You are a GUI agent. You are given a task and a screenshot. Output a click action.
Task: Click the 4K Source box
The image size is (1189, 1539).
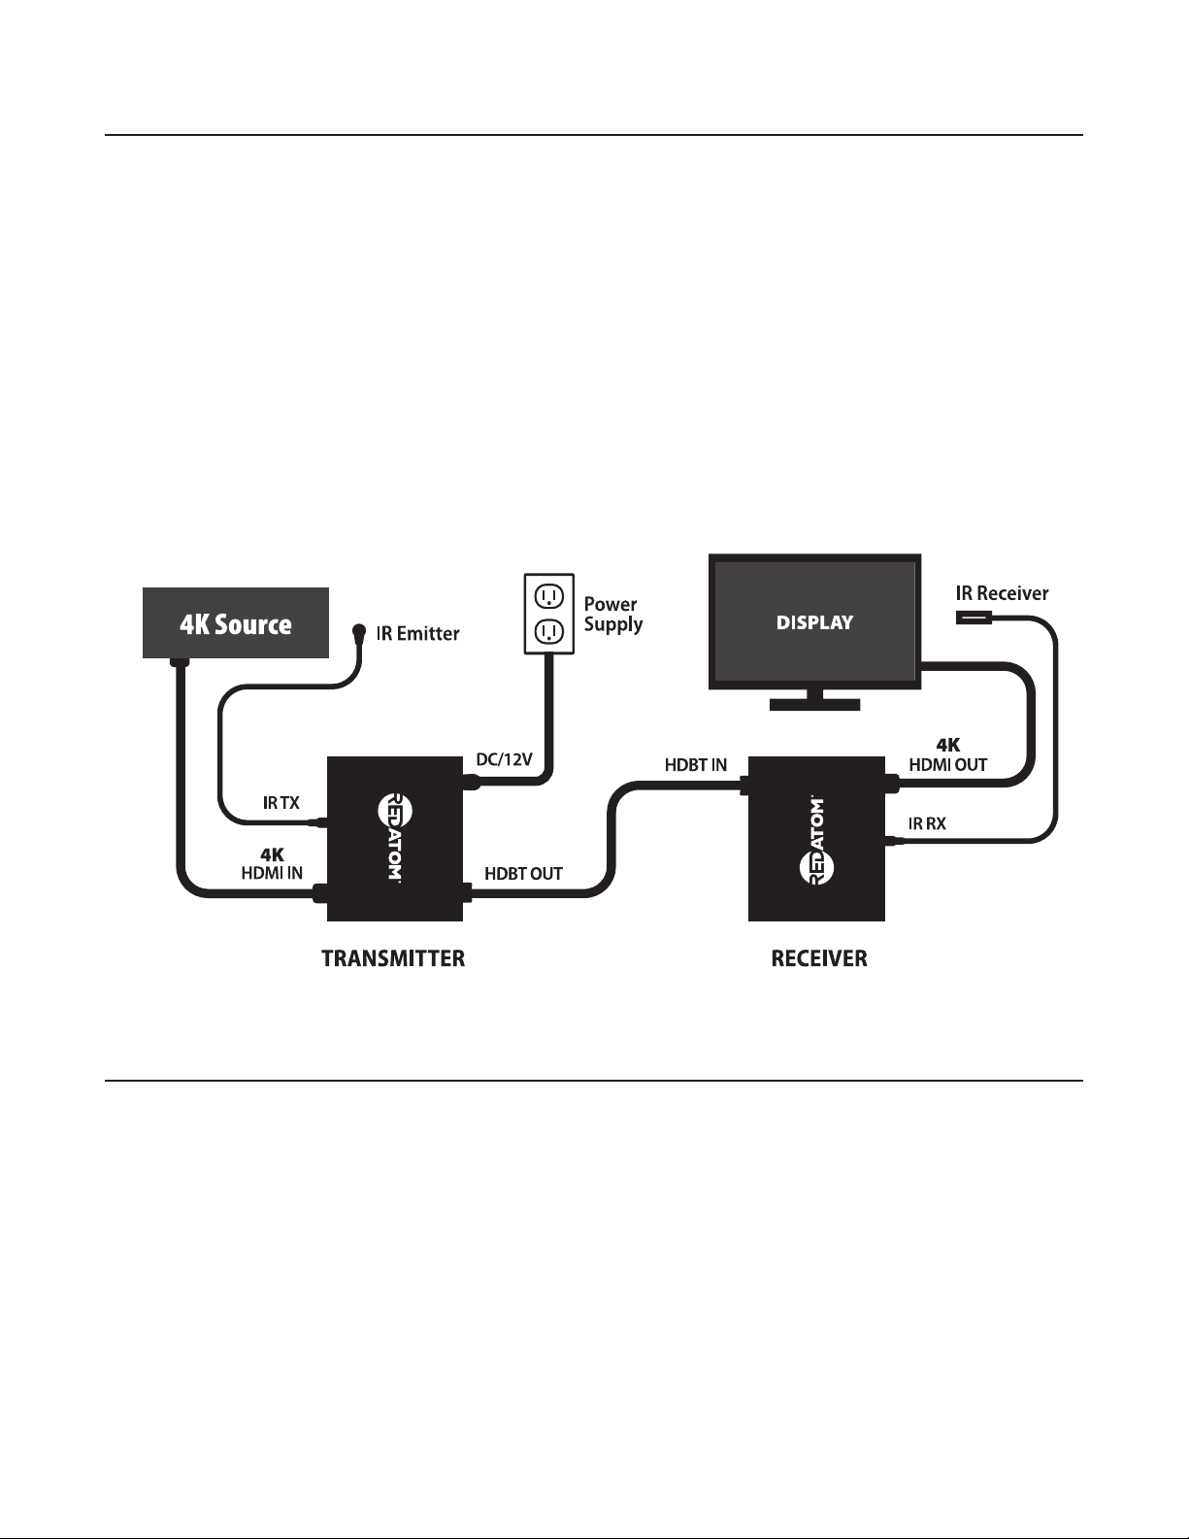[236, 623]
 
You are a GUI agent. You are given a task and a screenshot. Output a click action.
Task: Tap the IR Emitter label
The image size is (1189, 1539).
[417, 634]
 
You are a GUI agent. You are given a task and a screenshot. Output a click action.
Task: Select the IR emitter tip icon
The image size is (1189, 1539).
[358, 631]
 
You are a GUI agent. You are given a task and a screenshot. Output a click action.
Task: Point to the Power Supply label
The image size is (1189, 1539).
[612, 614]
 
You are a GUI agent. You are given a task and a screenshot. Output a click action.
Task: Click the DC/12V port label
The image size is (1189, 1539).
[504, 759]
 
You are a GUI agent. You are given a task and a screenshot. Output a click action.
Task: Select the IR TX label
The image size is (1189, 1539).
[281, 803]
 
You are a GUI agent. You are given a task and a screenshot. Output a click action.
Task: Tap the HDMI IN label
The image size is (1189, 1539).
[272, 873]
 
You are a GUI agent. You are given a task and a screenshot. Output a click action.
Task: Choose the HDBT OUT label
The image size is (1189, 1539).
[523, 874]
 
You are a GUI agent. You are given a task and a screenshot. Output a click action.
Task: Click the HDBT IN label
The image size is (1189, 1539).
[695, 765]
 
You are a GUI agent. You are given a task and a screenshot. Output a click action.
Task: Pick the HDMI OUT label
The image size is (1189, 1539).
[947, 764]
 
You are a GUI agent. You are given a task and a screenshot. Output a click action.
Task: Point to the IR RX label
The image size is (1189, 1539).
[927, 823]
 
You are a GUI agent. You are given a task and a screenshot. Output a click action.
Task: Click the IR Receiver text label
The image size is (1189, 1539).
[1002, 593]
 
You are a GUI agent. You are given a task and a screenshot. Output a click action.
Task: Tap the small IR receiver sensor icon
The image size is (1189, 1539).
[973, 618]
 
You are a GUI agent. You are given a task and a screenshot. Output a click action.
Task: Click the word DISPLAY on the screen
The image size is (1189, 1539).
[814, 622]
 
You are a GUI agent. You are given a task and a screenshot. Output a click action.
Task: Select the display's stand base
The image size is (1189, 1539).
[814, 704]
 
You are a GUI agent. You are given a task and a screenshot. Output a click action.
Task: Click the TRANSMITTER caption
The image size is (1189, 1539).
[393, 959]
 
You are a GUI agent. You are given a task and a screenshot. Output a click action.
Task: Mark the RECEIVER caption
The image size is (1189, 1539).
[819, 959]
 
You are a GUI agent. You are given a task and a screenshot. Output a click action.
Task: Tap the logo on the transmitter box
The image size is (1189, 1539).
[388, 838]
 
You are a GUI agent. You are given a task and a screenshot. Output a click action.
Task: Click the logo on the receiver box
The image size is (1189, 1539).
[816, 840]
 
